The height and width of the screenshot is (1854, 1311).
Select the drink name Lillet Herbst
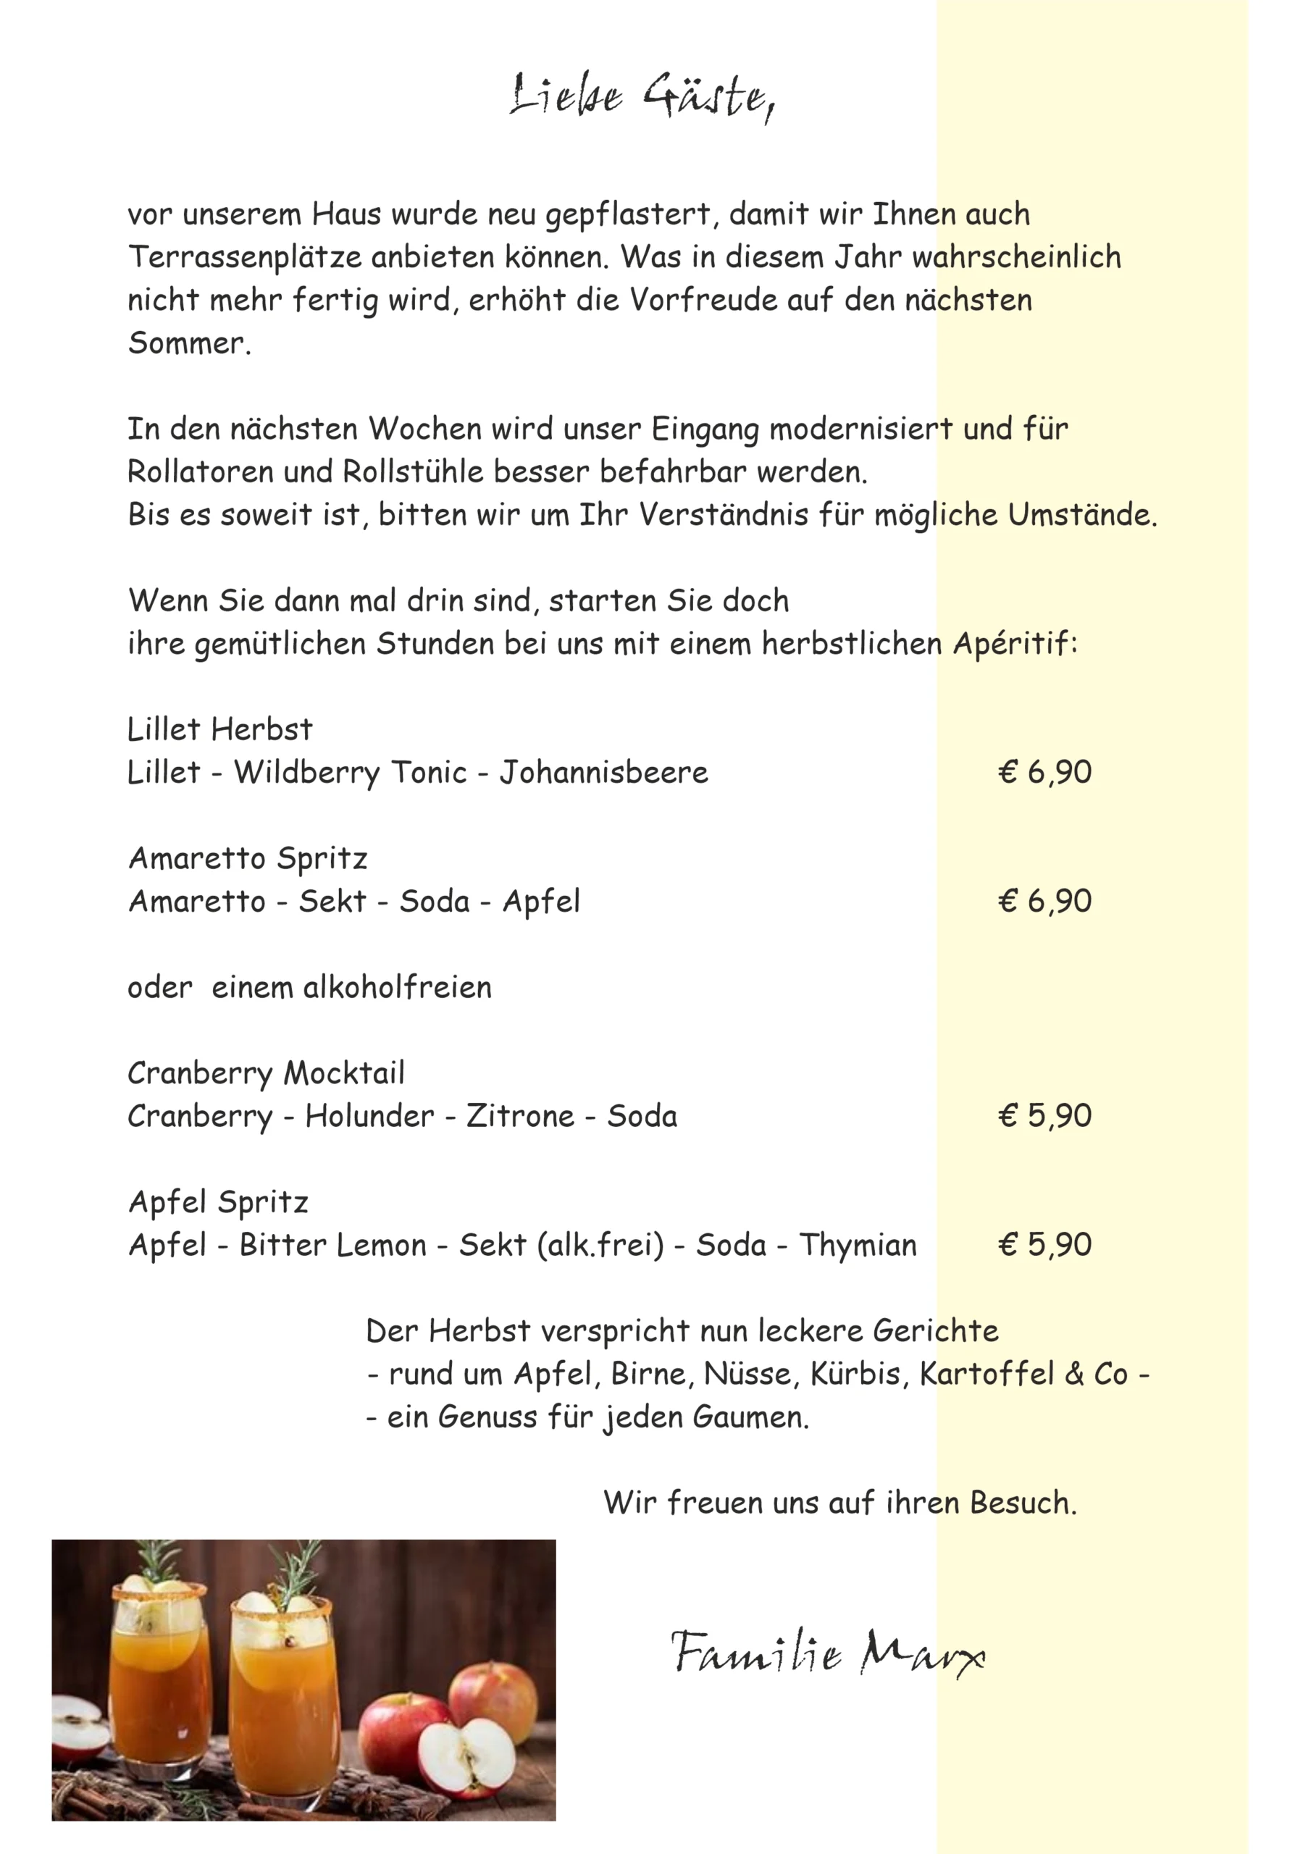(x=219, y=729)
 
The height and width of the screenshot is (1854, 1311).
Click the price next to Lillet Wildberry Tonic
(x=1044, y=772)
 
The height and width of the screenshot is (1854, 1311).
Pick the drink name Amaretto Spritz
(x=248, y=858)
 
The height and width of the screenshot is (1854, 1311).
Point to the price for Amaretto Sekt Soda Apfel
(x=1044, y=901)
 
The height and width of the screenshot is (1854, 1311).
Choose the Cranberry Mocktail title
(x=266, y=1073)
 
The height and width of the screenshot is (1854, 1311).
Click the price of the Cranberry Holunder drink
(x=1044, y=1116)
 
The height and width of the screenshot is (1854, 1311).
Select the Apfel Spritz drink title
(x=218, y=1202)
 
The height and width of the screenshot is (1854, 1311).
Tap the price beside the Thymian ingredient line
(x=1044, y=1244)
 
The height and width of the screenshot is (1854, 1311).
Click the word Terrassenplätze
(x=245, y=258)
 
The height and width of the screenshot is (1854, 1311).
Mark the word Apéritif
(x=1014, y=645)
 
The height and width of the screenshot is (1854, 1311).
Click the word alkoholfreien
(x=397, y=988)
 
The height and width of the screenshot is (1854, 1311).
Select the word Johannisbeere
(x=603, y=773)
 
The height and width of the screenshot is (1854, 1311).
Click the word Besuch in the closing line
(x=1023, y=1503)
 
